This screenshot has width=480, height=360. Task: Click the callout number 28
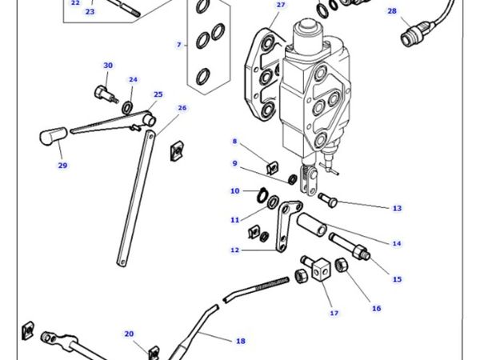click(391, 11)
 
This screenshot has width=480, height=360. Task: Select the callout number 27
click(280, 5)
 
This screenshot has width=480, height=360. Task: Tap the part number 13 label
click(396, 208)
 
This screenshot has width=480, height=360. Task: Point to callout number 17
click(334, 312)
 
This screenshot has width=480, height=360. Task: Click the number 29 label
click(62, 166)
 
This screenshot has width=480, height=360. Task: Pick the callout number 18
click(240, 341)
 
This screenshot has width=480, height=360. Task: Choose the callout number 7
click(179, 45)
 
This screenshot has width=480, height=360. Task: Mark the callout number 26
click(182, 107)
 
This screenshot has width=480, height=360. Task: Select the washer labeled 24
click(129, 106)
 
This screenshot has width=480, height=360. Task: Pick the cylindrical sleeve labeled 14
click(314, 224)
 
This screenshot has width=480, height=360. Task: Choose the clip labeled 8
click(271, 167)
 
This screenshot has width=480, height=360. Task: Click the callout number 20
click(129, 334)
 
